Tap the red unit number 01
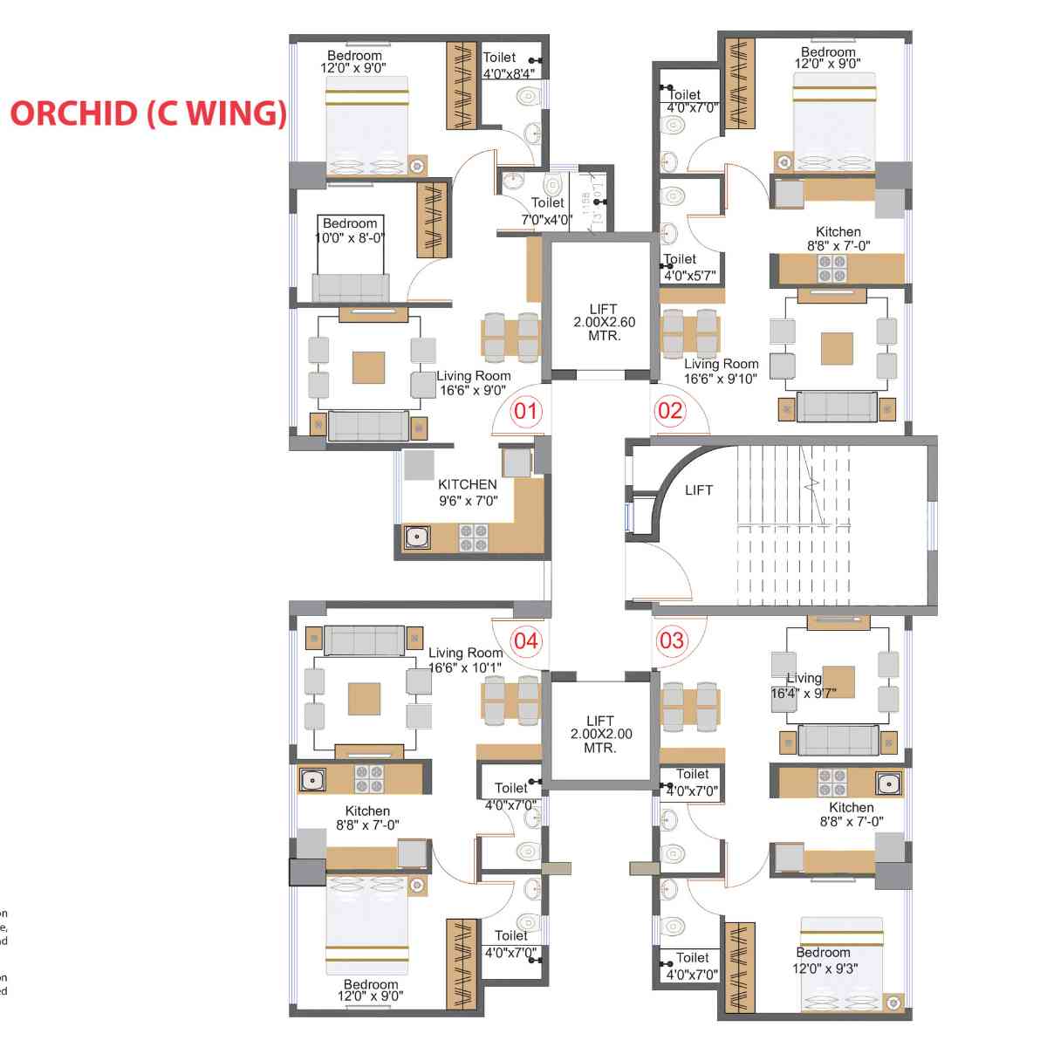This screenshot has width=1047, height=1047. click(x=526, y=410)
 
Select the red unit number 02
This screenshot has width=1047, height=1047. click(x=670, y=410)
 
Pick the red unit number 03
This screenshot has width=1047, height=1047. click(x=672, y=641)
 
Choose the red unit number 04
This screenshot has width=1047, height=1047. click(x=526, y=641)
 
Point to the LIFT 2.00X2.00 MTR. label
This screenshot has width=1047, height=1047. click(x=601, y=734)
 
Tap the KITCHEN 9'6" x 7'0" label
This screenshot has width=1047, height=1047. click(x=468, y=492)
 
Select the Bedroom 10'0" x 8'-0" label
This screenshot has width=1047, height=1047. click(x=350, y=230)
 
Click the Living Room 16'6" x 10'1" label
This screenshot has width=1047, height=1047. click(x=465, y=660)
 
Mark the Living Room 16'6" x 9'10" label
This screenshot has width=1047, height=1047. click(x=721, y=371)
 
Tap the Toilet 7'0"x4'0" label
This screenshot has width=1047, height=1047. click(x=547, y=211)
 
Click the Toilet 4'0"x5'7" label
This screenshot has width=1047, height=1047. click(x=688, y=267)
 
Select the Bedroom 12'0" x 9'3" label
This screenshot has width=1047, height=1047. click(x=825, y=960)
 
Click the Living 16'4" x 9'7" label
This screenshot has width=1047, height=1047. click(x=804, y=685)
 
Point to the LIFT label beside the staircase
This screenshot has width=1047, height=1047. click(x=699, y=490)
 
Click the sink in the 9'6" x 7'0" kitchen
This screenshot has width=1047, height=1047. click(x=417, y=537)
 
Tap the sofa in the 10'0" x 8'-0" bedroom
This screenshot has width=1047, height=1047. click(x=351, y=287)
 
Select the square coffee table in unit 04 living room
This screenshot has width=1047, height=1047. click(x=364, y=699)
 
